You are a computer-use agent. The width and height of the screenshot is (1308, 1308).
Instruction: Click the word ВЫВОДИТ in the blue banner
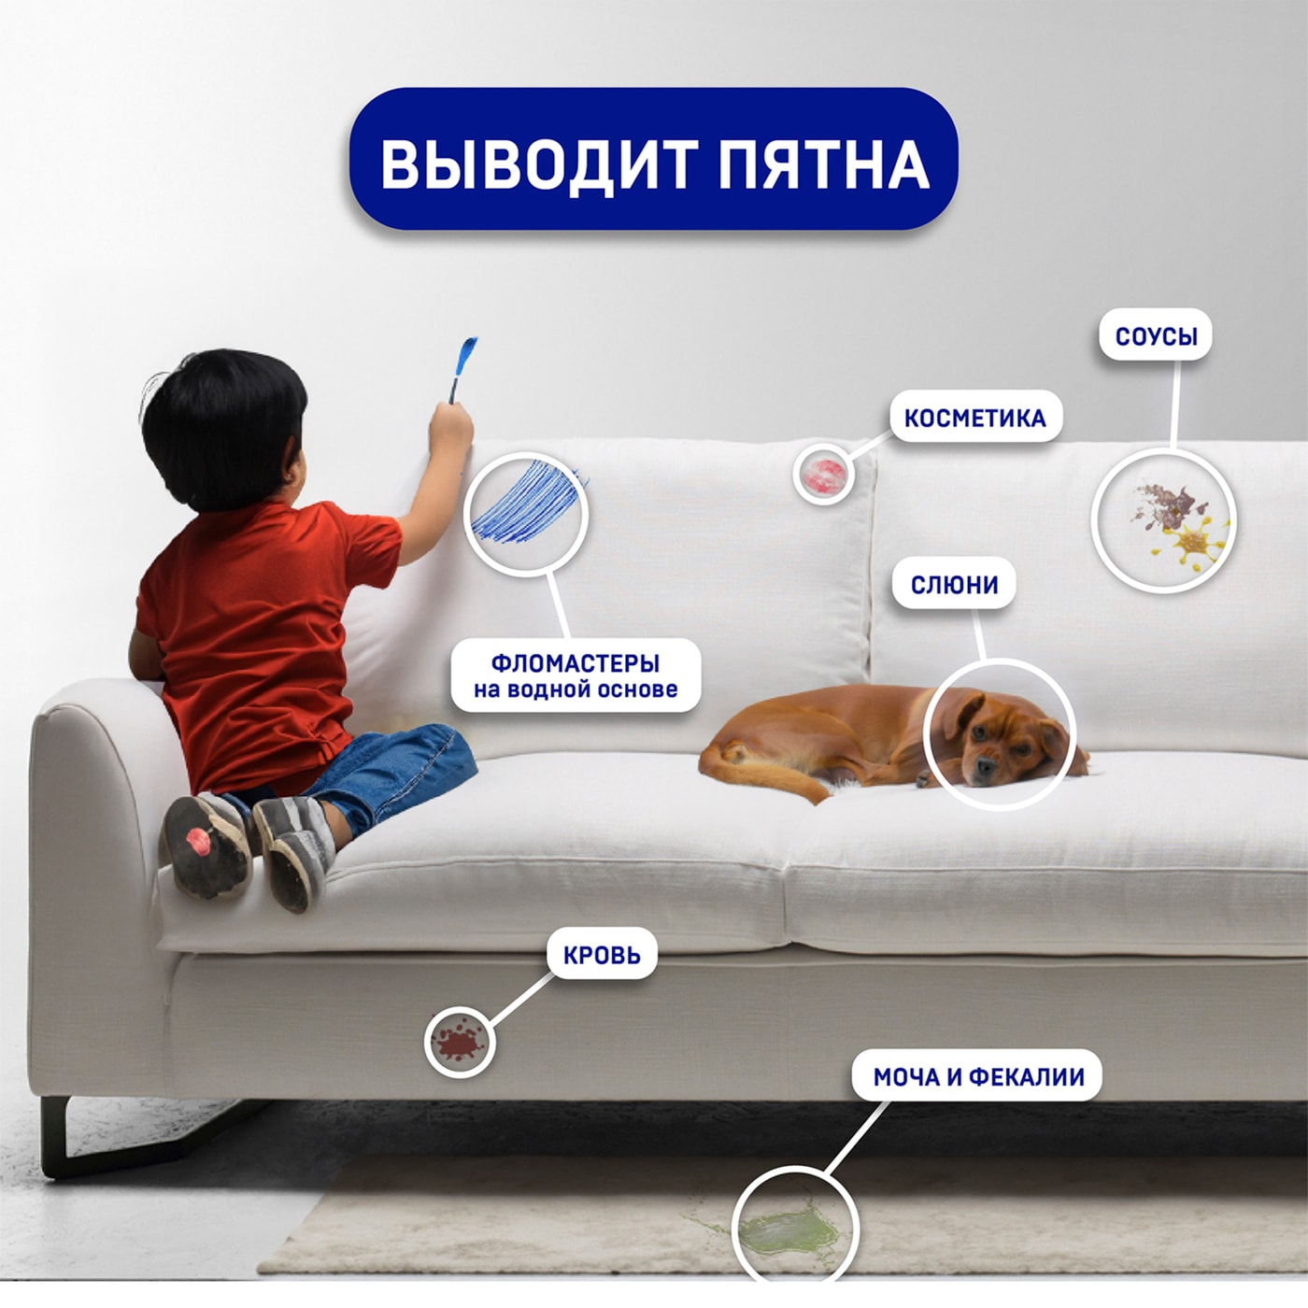[537, 164]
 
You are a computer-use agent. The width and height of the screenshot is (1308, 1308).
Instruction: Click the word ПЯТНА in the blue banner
[823, 164]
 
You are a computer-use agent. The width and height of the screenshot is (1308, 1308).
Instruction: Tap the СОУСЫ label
[1156, 336]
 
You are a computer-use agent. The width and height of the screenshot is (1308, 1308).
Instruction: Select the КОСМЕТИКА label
[974, 418]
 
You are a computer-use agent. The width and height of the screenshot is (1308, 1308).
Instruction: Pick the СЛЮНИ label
[954, 585]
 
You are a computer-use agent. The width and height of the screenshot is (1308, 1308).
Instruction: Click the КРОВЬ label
[602, 955]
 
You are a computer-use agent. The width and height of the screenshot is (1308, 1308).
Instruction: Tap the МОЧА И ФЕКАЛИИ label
[978, 1077]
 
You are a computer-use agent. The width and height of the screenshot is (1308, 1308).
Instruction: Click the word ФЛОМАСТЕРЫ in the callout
[575, 663]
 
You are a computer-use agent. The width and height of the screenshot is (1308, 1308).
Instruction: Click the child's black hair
[224, 420]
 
